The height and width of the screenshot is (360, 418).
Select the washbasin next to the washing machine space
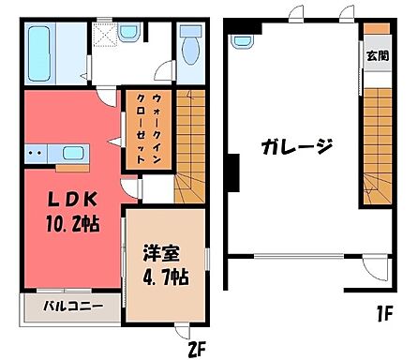point(128,34)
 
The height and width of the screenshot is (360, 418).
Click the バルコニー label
point(70,306)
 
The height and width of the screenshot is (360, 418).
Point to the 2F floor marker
point(194,350)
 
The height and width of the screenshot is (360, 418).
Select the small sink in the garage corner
point(242,42)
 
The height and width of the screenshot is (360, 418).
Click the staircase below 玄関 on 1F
point(376,141)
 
